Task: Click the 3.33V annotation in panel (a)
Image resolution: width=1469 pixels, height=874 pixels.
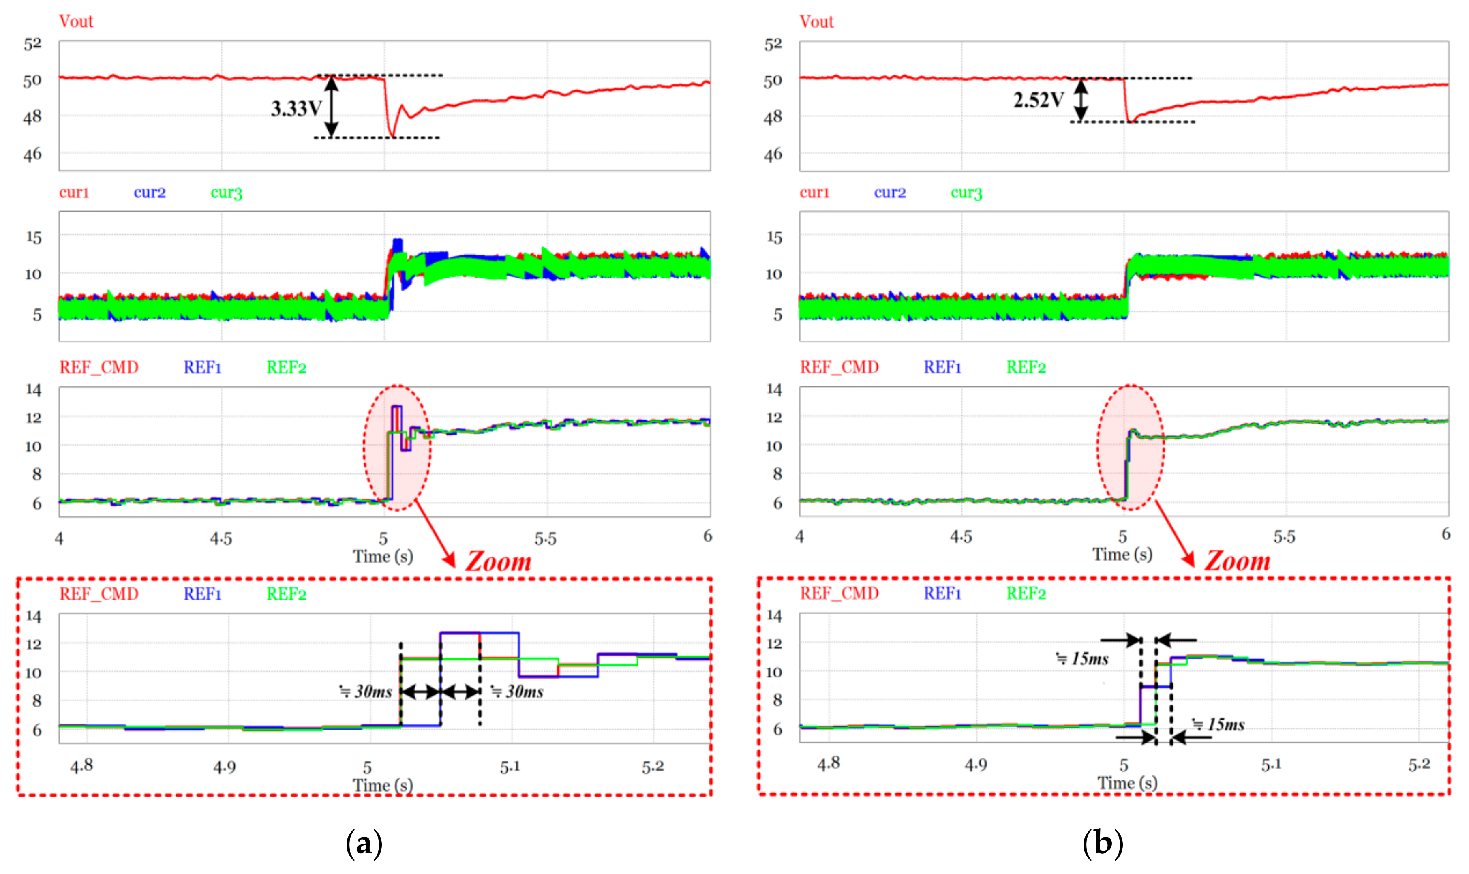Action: click(296, 108)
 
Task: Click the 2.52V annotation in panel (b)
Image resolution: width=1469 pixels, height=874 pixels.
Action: click(1038, 100)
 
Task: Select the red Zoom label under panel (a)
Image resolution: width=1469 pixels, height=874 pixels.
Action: click(498, 561)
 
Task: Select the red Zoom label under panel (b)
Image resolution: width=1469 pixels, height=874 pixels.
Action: click(1237, 561)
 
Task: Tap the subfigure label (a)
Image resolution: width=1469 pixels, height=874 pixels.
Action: click(364, 843)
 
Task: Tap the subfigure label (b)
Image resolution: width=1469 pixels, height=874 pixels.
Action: click(1102, 843)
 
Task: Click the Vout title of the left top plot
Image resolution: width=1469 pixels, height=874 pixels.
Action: click(76, 21)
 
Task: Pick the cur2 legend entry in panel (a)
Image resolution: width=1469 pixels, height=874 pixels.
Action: click(150, 193)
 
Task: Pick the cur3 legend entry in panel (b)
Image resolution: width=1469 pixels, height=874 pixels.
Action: click(966, 193)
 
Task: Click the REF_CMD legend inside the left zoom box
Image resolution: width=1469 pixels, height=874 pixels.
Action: click(99, 593)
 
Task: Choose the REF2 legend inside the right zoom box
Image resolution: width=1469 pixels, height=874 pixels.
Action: click(1026, 593)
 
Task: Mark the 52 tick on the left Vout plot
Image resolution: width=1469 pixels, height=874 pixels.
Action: click(33, 44)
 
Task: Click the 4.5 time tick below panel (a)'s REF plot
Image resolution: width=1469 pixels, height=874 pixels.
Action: click(221, 538)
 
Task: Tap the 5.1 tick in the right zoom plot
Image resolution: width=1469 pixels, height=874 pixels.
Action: click(1271, 765)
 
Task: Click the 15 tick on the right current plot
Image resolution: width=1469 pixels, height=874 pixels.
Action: click(774, 237)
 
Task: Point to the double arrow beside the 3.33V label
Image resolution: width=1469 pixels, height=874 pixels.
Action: click(332, 107)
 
